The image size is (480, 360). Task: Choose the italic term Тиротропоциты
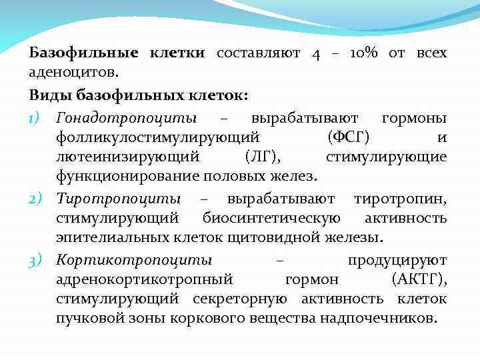point(118,199)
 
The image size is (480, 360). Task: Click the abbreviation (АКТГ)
point(419,279)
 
